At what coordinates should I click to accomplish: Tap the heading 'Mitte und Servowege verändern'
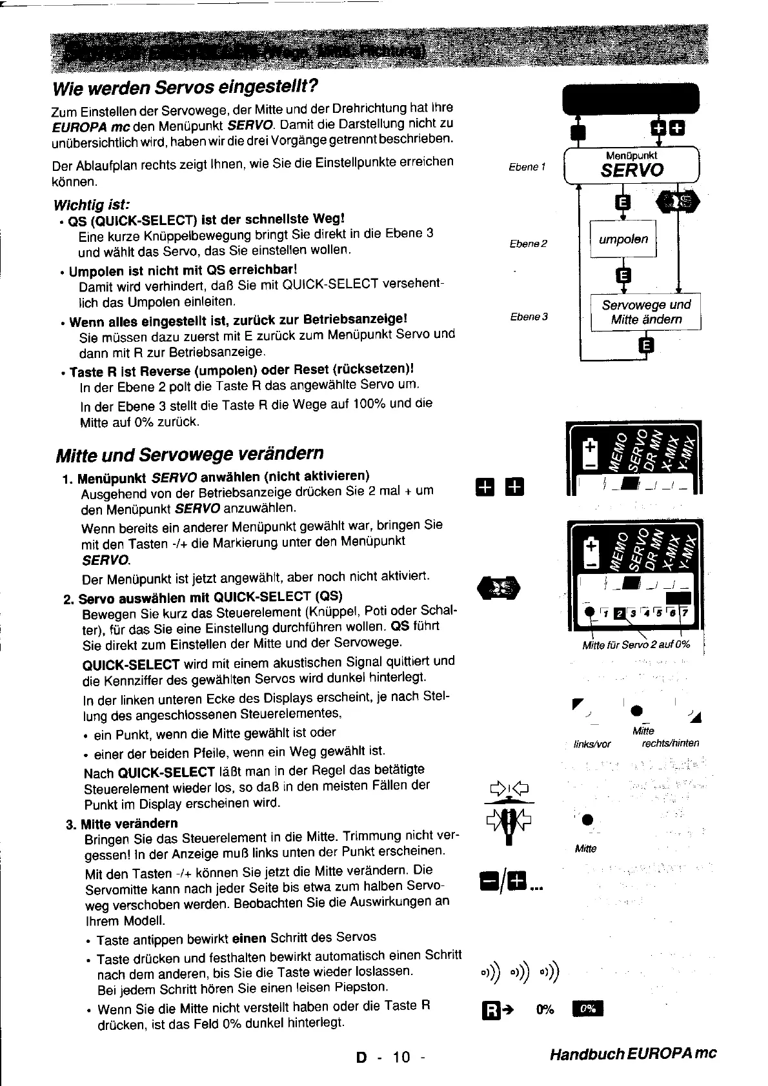pos(190,454)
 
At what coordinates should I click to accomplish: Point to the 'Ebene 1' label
pos(527,167)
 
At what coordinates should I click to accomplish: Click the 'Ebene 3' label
pos(529,317)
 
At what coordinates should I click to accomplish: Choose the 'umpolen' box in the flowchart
pos(623,239)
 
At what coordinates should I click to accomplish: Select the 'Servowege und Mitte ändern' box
pos(646,312)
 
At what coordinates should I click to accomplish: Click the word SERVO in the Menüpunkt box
pos(631,170)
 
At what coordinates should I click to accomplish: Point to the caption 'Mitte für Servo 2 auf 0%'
pos(636,644)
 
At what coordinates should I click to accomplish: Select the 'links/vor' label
pos(592,743)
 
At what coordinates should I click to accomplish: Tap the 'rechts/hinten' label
pos(670,743)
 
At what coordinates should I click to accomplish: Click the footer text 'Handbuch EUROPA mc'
pos(633,1054)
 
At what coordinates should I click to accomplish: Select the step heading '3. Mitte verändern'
pos(121,823)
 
